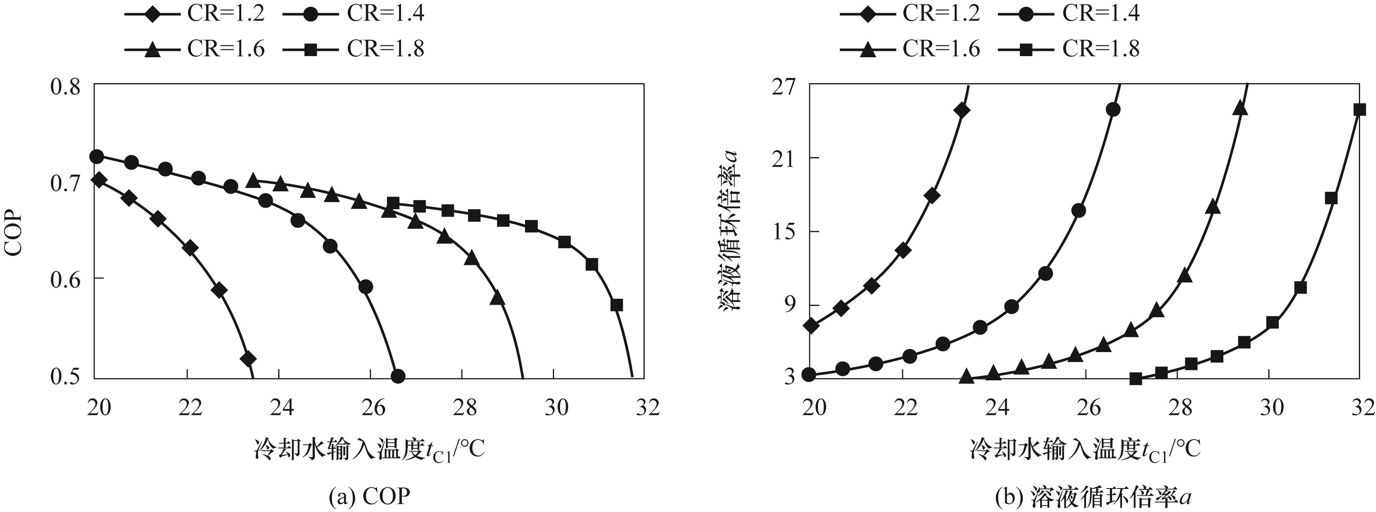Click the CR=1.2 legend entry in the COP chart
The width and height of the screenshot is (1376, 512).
(x=195, y=14)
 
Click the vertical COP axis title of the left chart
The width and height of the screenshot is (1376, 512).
(x=14, y=234)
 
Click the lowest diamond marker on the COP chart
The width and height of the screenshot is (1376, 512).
(x=248, y=358)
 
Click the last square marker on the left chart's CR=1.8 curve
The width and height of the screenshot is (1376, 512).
(x=617, y=305)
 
